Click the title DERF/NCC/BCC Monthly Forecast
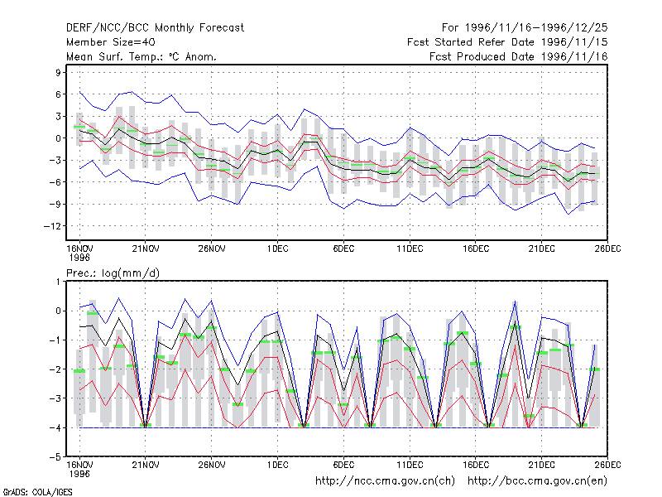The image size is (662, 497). click(x=155, y=28)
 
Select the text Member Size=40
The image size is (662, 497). click(x=111, y=42)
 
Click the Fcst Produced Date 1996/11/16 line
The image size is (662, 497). click(x=519, y=56)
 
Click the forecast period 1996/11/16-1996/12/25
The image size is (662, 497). click(x=525, y=28)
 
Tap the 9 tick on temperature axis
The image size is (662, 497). click(x=57, y=72)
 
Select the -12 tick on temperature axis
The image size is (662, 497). click(x=52, y=226)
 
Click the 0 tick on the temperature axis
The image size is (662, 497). click(x=57, y=138)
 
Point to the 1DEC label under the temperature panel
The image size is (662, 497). click(x=277, y=248)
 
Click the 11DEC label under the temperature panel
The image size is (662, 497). click(x=410, y=248)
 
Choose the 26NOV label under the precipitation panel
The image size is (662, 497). click(x=212, y=465)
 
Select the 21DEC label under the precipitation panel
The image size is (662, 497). click(x=542, y=465)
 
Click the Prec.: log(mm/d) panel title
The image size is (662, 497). click(x=113, y=273)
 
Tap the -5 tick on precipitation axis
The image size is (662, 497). click(x=55, y=457)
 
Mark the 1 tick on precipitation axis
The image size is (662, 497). click(x=58, y=282)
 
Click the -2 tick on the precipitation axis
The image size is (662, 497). click(x=55, y=369)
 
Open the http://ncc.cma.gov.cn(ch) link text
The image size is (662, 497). click(x=385, y=481)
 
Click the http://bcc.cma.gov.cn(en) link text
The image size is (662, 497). click(x=537, y=481)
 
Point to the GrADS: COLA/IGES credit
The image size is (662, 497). click(x=37, y=492)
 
